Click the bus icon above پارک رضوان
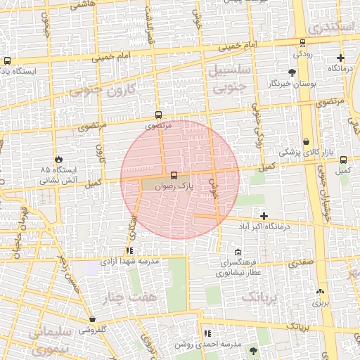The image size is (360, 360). click(x=174, y=175)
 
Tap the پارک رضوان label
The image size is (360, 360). click(x=174, y=186)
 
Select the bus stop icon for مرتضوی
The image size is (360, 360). click(x=158, y=115)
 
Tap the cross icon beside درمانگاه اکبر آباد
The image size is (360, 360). click(x=264, y=217)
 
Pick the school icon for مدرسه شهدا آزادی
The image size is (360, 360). click(x=129, y=250)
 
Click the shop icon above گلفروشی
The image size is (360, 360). click(x=92, y=319)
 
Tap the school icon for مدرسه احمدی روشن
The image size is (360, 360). click(x=207, y=333)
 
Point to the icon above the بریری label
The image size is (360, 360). click(x=321, y=291)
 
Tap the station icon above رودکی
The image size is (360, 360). click(x=302, y=42)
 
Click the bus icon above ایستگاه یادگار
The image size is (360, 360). click(x=7, y=60)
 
